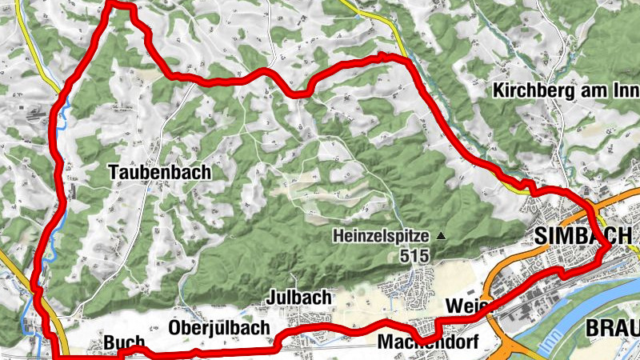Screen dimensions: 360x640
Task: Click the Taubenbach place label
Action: pyautogui.click(x=161, y=172)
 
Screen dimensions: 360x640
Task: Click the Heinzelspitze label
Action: pyautogui.click(x=382, y=237)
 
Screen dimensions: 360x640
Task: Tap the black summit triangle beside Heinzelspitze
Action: pyautogui.click(x=438, y=236)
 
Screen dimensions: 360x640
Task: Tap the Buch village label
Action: pyautogui.click(x=124, y=342)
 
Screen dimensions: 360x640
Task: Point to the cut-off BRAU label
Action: pyautogui.click(x=612, y=328)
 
